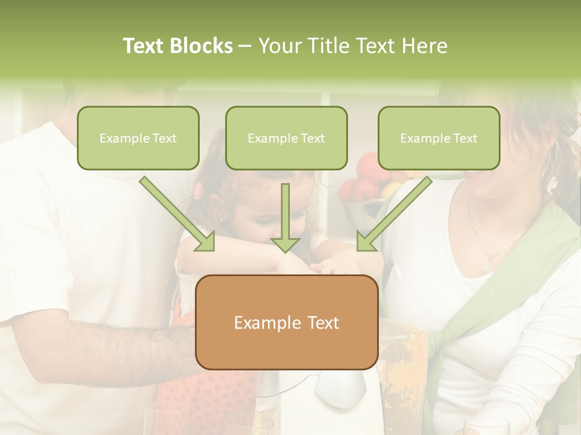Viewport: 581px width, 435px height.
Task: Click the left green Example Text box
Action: coord(138,138)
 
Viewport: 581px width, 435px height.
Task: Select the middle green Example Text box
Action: coord(286,138)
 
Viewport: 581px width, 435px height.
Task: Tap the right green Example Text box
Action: coord(439,138)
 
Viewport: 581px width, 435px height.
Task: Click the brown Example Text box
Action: coord(287,322)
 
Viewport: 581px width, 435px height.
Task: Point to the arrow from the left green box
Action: coord(177,213)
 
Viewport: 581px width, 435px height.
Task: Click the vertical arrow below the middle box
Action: coord(285,217)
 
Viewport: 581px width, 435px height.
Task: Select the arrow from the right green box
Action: coord(394,213)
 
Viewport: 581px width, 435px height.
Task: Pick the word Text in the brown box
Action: coord(320,323)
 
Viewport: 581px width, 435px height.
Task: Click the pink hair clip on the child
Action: coord(198,192)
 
